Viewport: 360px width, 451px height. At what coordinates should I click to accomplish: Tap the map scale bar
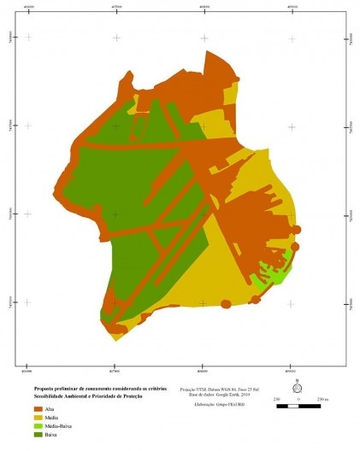click(296, 406)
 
